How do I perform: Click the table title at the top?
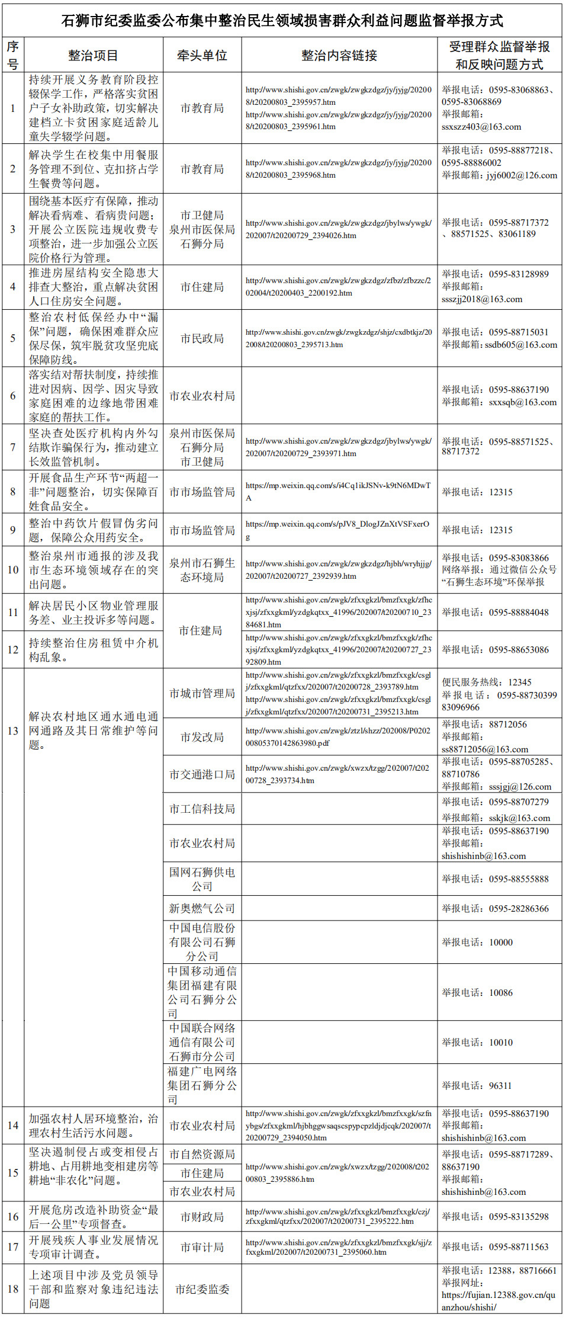pyautogui.click(x=282, y=21)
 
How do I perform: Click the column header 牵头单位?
pyautogui.click(x=202, y=56)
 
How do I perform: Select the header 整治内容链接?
pyautogui.click(x=339, y=56)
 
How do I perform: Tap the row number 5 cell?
pyautogui.click(x=13, y=338)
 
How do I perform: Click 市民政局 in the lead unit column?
pyautogui.click(x=202, y=338)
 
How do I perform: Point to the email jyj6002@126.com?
pyautogui.click(x=522, y=175)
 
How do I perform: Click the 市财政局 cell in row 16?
pyautogui.click(x=202, y=1217)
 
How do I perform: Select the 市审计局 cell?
pyautogui.click(x=202, y=1247)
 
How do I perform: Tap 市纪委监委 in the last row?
pyautogui.click(x=202, y=1289)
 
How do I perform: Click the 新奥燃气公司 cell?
pyautogui.click(x=202, y=908)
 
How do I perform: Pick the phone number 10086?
pyautogui.click(x=501, y=992)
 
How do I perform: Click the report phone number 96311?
pyautogui.click(x=500, y=1085)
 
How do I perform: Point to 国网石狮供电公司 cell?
pyautogui.click(x=202, y=879)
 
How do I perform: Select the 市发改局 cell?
pyautogui.click(x=202, y=737)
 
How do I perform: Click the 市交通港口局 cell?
pyautogui.click(x=202, y=774)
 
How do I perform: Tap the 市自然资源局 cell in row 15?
pyautogui.click(x=202, y=1154)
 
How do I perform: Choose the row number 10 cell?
pyautogui.click(x=13, y=569)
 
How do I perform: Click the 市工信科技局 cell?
pyautogui.click(x=202, y=809)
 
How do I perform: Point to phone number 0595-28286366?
pyautogui.click(x=519, y=908)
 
